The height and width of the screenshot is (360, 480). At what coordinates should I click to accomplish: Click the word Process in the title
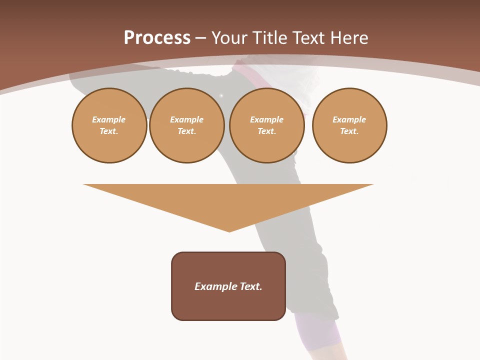[x=157, y=38]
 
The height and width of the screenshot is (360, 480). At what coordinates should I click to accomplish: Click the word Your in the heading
[x=229, y=38]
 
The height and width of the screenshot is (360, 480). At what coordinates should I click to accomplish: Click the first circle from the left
[x=109, y=125]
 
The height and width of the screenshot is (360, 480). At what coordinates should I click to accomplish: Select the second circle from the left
[x=187, y=125]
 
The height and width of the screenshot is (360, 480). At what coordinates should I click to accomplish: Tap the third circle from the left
[x=267, y=125]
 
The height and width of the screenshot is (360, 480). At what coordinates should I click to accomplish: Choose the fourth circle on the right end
[x=349, y=125]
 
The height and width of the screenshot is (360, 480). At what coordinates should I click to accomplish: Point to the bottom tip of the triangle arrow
[x=229, y=231]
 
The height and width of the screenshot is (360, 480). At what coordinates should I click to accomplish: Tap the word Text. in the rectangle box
[x=251, y=286]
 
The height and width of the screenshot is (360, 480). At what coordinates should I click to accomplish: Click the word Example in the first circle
[x=109, y=119]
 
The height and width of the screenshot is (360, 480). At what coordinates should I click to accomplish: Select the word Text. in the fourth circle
[x=349, y=131]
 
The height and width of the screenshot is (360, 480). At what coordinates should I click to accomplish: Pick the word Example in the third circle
[x=267, y=119]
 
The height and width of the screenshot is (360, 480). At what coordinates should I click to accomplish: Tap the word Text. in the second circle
[x=187, y=131]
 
